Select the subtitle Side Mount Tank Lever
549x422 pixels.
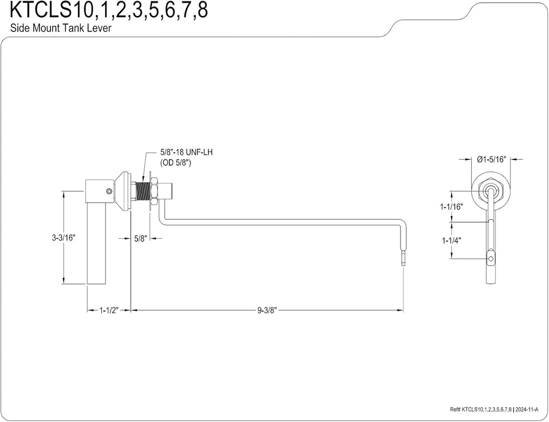pos(61,28)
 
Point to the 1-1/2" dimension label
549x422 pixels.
pos(109,310)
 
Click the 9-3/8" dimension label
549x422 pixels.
pos(266,310)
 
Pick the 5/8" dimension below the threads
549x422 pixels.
pos(140,239)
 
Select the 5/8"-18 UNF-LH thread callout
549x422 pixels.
pos(187,152)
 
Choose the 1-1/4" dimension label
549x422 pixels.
pos(452,240)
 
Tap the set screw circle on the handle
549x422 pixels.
pos(109,191)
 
